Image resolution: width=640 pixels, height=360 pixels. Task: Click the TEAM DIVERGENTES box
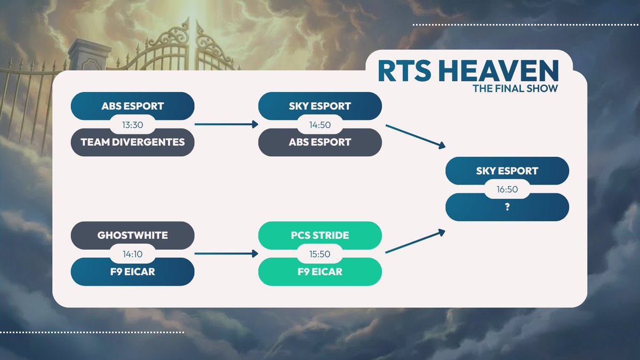tap(132, 142)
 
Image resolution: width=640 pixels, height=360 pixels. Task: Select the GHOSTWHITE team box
tap(132, 235)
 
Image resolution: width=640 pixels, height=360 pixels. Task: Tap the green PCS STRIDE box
tap(320, 235)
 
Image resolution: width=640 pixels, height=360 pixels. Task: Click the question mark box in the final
tap(507, 207)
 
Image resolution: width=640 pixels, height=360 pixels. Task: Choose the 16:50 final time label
tap(507, 189)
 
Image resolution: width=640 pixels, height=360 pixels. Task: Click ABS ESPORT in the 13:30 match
tap(132, 106)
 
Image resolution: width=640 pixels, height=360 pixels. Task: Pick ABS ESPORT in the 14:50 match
tap(320, 142)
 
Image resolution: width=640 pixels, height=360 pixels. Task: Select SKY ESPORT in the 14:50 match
tap(320, 106)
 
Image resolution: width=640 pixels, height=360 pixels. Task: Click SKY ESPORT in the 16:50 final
tap(507, 171)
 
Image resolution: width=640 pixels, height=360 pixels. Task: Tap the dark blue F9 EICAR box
tap(132, 271)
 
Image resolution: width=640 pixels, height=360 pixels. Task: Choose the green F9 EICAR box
tap(320, 271)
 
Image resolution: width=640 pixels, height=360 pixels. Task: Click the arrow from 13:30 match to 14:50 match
tap(226, 125)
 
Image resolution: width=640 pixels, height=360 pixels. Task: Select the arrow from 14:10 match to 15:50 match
tap(226, 254)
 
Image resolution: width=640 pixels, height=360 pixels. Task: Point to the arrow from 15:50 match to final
tap(415, 242)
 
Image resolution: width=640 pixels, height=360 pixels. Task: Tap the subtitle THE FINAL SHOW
tap(515, 89)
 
